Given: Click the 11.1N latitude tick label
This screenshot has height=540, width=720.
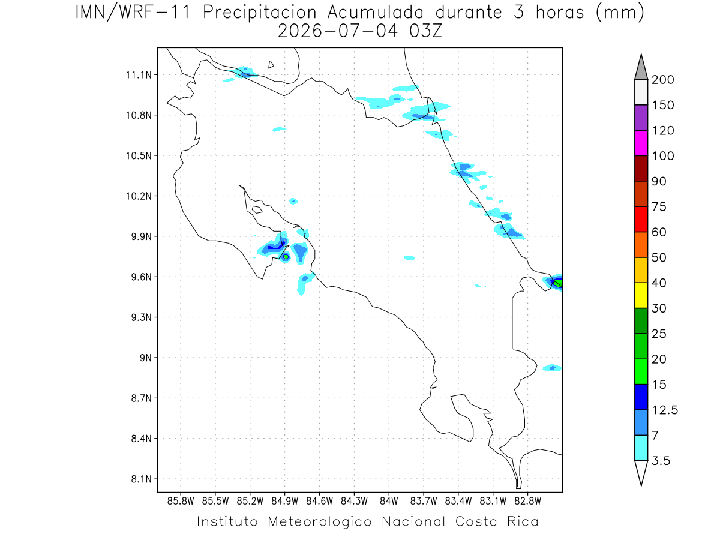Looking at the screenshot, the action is click(x=139, y=75).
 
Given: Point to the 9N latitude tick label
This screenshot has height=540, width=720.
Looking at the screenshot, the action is click(x=146, y=358).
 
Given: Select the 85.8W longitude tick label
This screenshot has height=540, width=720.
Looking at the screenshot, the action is click(x=181, y=502).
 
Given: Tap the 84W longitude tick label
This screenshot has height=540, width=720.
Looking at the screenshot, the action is click(x=389, y=502).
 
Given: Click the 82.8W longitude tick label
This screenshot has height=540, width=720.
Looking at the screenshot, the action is click(x=528, y=502).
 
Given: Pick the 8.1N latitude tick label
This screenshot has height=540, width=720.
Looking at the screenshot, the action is click(x=142, y=479).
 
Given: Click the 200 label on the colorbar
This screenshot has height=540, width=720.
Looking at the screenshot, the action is click(x=662, y=80).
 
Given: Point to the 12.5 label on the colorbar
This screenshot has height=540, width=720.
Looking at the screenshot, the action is click(x=665, y=410).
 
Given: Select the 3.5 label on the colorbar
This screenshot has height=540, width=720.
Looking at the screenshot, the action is click(x=661, y=461).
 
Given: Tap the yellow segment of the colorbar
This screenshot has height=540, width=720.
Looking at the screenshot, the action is click(x=641, y=295).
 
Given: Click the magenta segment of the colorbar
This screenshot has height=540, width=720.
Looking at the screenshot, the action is click(x=641, y=143).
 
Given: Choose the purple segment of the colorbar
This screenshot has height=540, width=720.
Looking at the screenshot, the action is click(x=641, y=118).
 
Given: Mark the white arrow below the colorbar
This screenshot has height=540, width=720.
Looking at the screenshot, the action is click(x=641, y=472).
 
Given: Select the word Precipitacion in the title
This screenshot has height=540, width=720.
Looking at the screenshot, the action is click(x=260, y=13).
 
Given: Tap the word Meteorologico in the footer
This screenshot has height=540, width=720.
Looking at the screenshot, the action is click(x=319, y=522).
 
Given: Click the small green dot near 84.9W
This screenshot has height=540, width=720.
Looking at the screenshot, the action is click(x=286, y=257).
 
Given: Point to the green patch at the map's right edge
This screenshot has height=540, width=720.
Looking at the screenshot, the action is click(x=558, y=283).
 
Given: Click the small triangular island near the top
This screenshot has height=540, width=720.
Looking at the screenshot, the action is click(x=271, y=65).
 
